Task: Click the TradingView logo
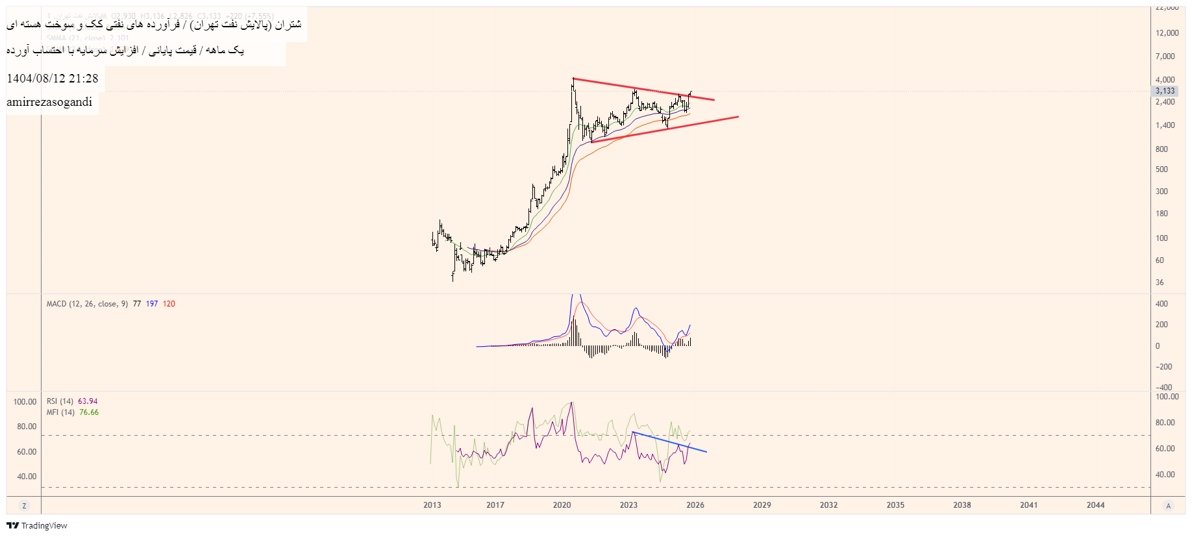pos(37,525)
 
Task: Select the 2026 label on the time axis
pos(695,505)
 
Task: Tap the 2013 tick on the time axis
pos(432,505)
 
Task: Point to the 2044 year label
pos(1095,505)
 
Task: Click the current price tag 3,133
pos(1165,91)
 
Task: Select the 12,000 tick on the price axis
pos(1167,33)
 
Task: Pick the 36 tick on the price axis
pos(1160,282)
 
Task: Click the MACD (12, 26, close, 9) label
pos(87,304)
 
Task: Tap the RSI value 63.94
pos(88,401)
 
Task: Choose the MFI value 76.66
pos(89,412)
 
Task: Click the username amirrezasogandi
pos(49,102)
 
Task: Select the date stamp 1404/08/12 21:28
pos(53,79)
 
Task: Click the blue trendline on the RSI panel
pos(669,442)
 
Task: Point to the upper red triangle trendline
pos(643,89)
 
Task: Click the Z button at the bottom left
pos(24,506)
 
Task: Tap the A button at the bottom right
pos(1168,506)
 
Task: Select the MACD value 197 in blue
pos(152,304)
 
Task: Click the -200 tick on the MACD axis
pos(1163,367)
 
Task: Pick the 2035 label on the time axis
pos(895,505)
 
